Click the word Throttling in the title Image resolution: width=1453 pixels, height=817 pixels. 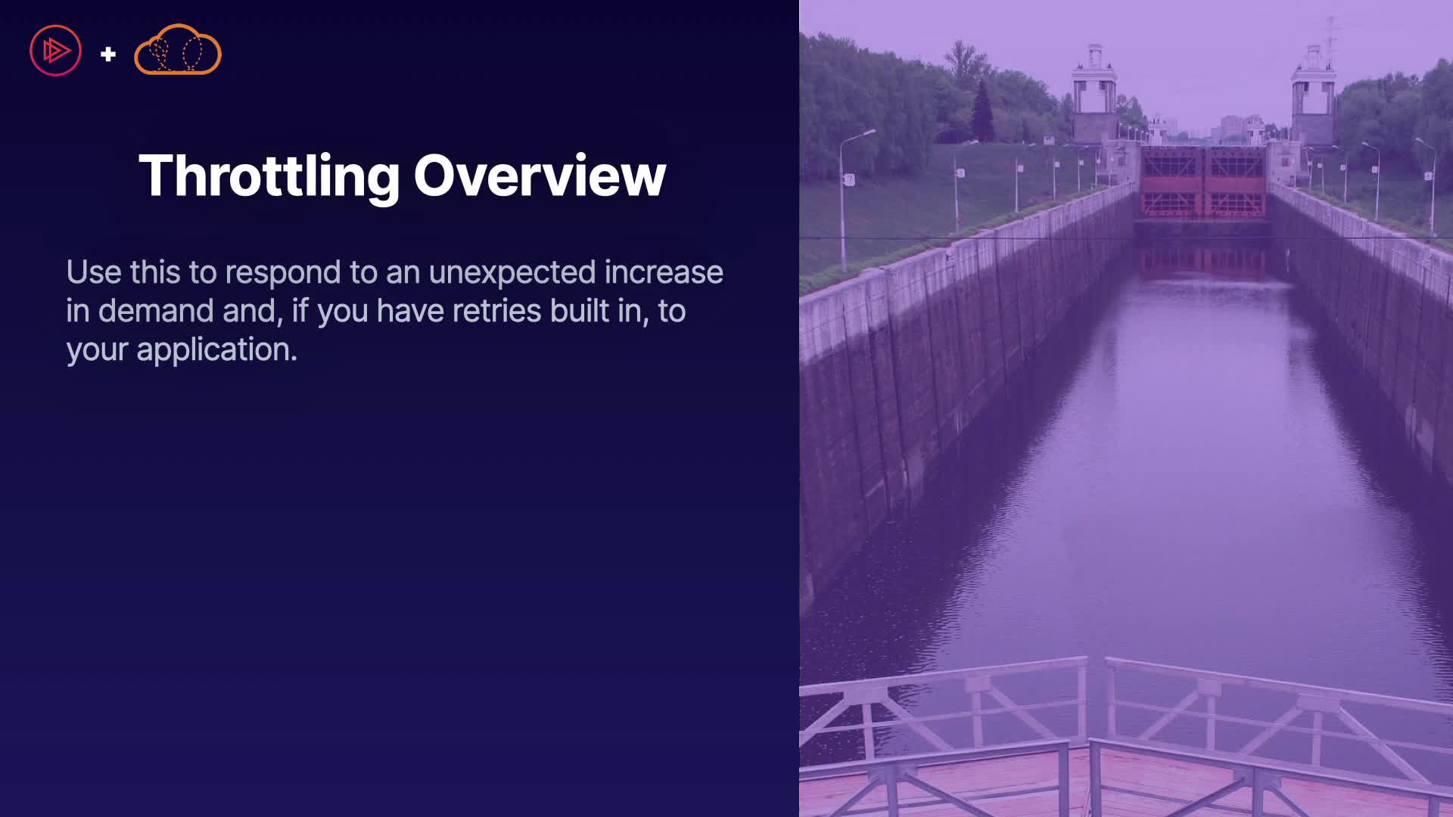269,177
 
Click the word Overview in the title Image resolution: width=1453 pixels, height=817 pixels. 540,176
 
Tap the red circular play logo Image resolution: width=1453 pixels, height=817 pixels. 55,51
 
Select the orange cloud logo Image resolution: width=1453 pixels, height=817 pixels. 178,50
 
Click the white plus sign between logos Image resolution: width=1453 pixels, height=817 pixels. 108,54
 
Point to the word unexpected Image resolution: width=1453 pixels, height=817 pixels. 512,273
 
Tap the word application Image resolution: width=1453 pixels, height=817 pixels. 216,350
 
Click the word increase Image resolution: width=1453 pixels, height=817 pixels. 664,272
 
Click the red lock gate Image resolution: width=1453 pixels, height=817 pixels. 1203,182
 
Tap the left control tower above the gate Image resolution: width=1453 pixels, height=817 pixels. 1094,95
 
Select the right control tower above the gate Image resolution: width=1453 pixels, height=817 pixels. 1313,95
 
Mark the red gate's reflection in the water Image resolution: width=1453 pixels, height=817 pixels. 1203,261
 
